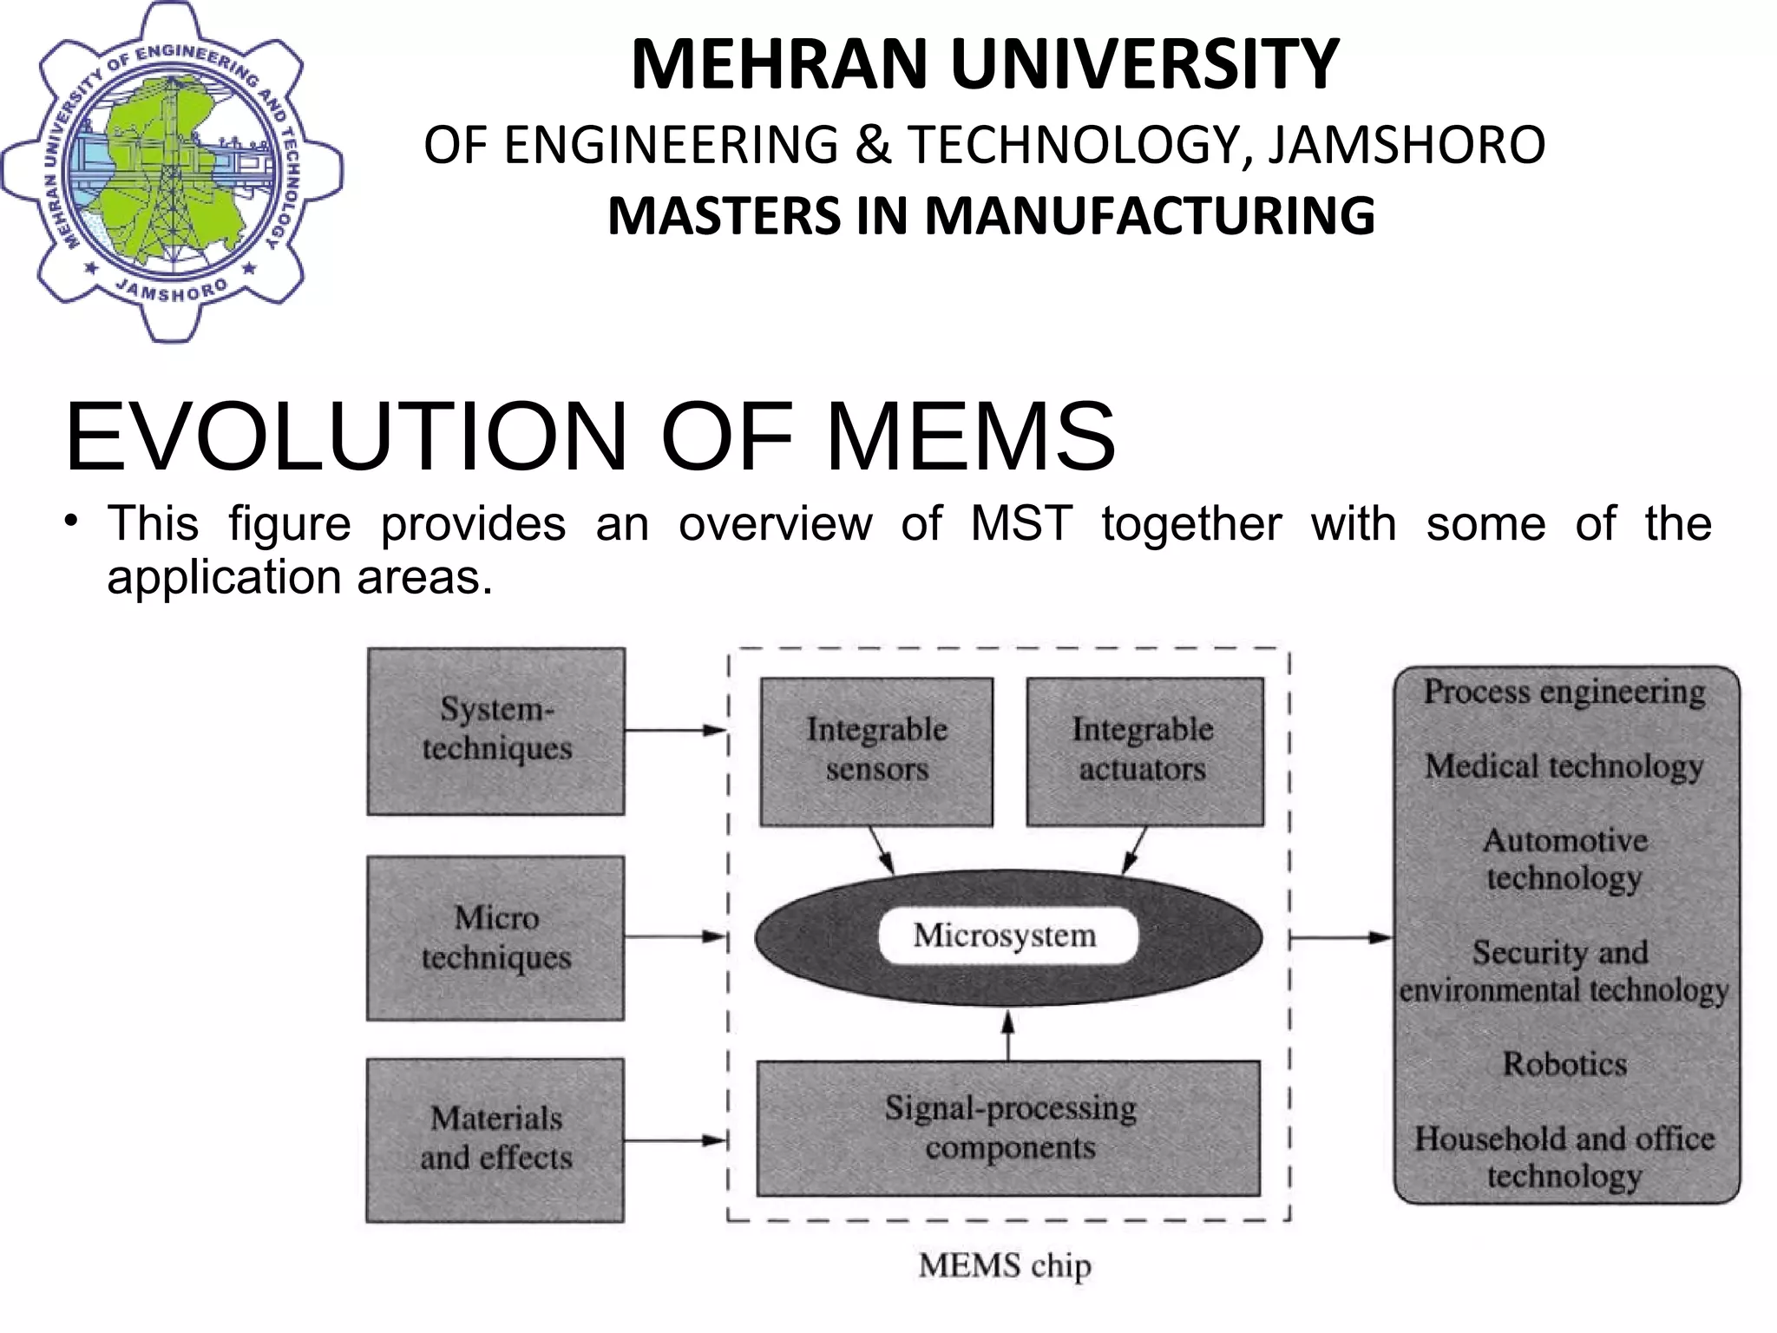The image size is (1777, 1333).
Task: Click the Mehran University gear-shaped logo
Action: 172,172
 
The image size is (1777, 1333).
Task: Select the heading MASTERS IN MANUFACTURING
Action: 991,216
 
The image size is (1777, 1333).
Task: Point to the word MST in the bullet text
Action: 1021,524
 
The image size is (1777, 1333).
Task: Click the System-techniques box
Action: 496,731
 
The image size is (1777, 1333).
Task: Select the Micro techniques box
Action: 495,938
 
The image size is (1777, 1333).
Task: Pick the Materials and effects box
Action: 495,1139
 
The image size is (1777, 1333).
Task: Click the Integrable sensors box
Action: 876,751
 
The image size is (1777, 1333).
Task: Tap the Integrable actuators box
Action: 1144,751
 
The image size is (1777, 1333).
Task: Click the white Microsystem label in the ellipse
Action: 1007,936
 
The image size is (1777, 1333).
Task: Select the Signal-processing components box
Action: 1008,1128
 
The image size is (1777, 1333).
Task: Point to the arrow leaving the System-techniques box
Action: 675,731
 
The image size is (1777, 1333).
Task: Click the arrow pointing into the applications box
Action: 1341,937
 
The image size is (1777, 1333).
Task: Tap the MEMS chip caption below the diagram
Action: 1005,1265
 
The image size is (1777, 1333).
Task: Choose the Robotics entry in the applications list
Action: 1564,1064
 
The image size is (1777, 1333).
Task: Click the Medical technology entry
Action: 1564,766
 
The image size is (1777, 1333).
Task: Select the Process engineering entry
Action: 1564,692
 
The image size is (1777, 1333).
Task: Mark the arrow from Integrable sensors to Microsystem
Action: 882,850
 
